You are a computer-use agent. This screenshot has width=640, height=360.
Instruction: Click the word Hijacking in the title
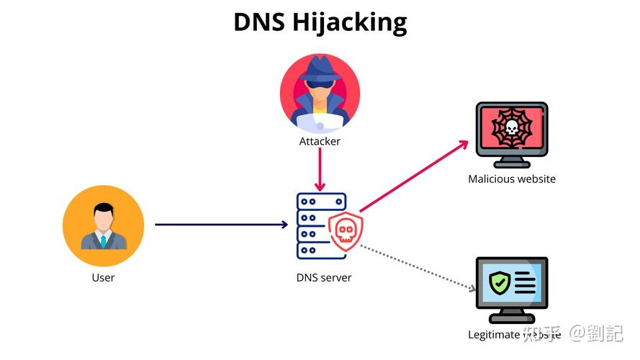click(x=350, y=23)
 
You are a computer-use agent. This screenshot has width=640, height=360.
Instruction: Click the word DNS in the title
click(x=260, y=22)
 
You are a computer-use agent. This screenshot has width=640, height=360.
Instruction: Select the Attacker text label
click(x=320, y=141)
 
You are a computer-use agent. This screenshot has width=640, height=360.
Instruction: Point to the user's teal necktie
click(x=103, y=240)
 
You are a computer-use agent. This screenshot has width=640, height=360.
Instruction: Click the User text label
click(x=103, y=277)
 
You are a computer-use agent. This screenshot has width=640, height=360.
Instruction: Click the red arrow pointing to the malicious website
click(x=414, y=174)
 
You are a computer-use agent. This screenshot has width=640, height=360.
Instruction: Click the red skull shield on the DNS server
click(x=346, y=230)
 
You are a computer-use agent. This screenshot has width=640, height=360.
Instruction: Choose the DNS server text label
click(x=324, y=277)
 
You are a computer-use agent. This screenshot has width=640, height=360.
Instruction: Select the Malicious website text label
click(x=512, y=179)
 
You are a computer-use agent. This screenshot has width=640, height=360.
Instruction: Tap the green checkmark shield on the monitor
click(x=499, y=282)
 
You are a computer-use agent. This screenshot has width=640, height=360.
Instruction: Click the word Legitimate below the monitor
click(x=494, y=335)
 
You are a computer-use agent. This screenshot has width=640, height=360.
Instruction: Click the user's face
click(x=103, y=215)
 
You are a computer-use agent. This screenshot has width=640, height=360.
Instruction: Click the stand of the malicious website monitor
click(x=512, y=160)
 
